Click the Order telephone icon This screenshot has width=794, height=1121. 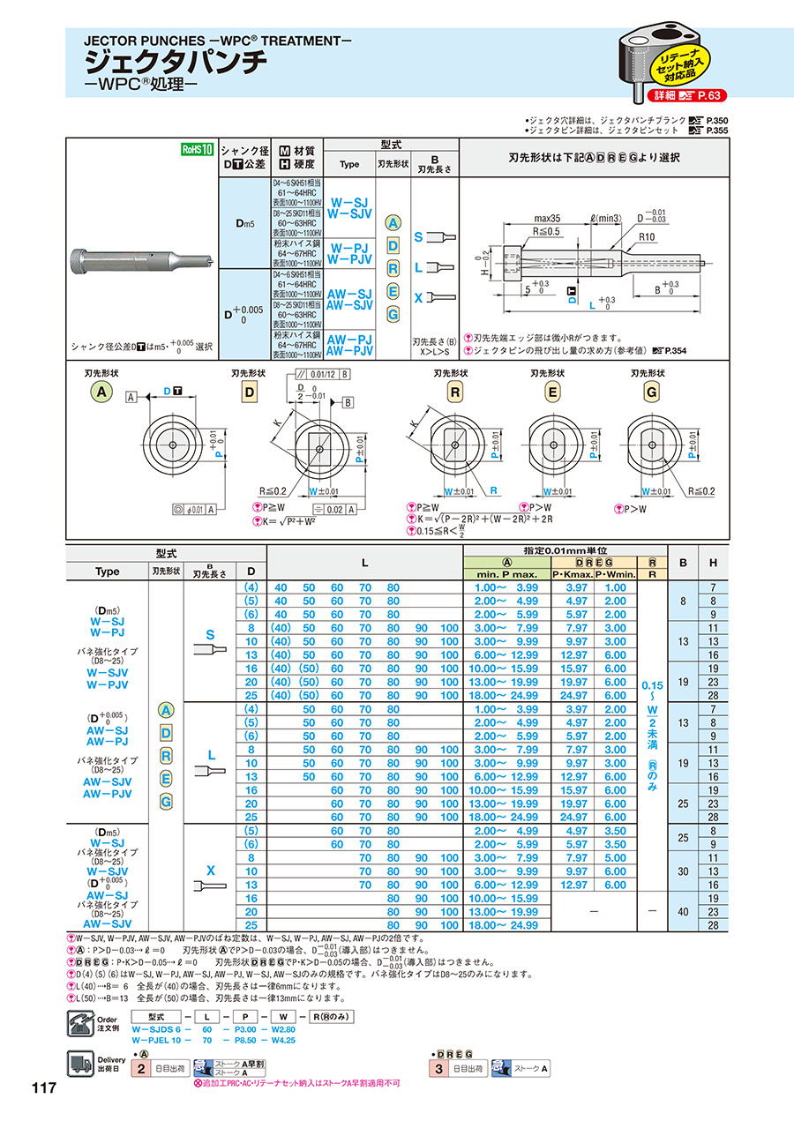(80, 1024)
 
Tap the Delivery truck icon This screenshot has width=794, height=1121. (80, 1065)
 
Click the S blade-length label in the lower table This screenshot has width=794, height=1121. (210, 634)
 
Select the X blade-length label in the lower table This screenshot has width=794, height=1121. (210, 869)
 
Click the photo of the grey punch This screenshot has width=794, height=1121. (141, 261)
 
